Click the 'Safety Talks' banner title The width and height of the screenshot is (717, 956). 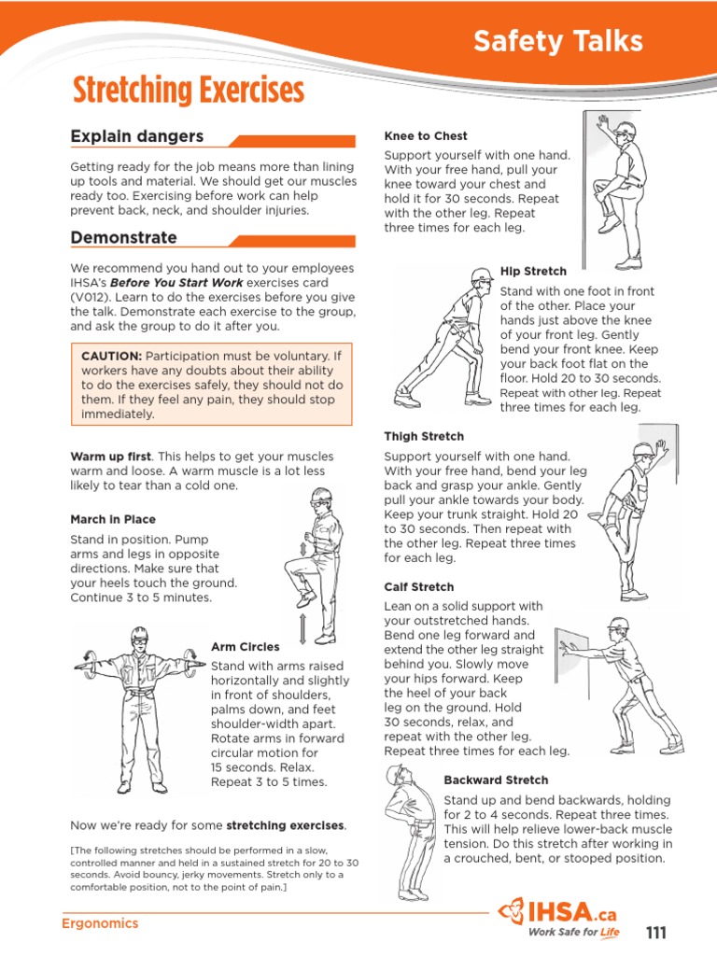557,41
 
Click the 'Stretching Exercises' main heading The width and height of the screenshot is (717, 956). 189,91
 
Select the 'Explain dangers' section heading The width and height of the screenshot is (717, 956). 136,136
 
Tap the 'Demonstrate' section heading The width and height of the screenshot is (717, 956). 123,237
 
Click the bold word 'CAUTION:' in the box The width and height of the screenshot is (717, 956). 111,356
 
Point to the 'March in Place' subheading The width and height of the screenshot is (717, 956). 113,519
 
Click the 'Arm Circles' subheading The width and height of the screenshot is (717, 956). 245,646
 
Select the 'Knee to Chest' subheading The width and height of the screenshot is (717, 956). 426,135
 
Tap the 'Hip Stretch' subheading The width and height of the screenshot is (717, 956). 533,271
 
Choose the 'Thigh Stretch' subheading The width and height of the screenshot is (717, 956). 424,436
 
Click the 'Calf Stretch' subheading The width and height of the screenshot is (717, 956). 419,586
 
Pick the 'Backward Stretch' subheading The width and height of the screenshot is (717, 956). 496,780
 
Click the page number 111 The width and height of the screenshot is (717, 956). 656,934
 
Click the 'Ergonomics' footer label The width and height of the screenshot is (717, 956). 99,923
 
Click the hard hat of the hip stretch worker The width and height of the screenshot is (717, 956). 482,274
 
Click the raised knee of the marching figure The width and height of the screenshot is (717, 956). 295,563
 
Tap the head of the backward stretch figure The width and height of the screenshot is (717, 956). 397,776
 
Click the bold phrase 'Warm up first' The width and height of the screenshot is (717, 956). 110,457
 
